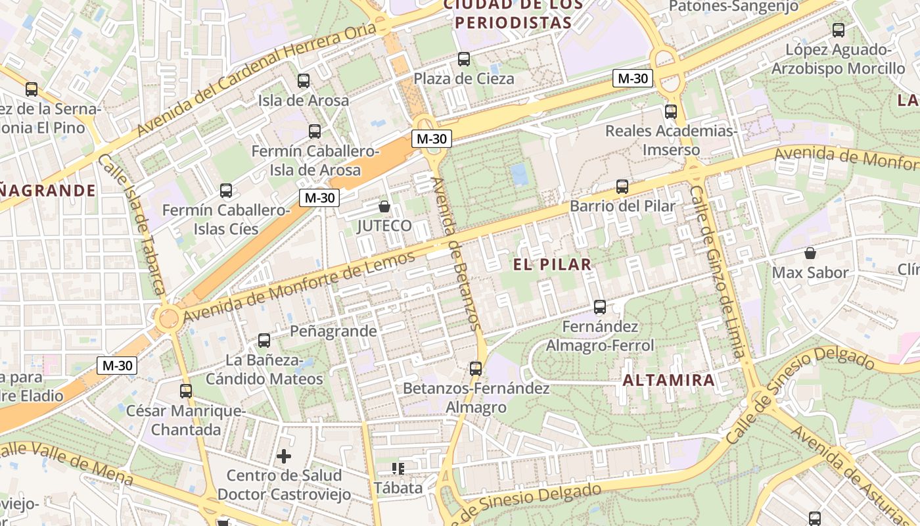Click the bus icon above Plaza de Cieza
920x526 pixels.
pyautogui.click(x=464, y=59)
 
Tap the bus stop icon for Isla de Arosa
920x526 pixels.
pyautogui.click(x=303, y=81)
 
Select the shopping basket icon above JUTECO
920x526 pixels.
pyautogui.click(x=384, y=207)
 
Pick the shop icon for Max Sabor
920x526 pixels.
pyautogui.click(x=810, y=253)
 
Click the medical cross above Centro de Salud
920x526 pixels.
pyautogui.click(x=284, y=456)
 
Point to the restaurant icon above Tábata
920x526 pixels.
pyautogui.click(x=398, y=469)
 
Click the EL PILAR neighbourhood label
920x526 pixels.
pyautogui.click(x=553, y=264)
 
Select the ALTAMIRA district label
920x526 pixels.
pyautogui.click(x=668, y=380)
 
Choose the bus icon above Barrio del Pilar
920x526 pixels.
pyautogui.click(x=622, y=187)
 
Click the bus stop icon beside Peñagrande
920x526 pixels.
pyautogui.click(x=264, y=340)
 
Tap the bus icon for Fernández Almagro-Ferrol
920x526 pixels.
pyautogui.click(x=600, y=306)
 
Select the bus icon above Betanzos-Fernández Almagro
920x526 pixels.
pyautogui.click(x=476, y=368)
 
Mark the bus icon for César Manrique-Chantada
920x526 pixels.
pyautogui.click(x=186, y=391)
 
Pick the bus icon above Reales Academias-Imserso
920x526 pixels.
pyautogui.click(x=671, y=112)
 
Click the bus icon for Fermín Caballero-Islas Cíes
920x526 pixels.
pyautogui.click(x=226, y=191)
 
